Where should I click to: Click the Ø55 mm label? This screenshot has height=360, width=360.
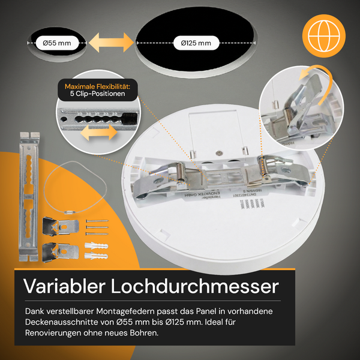[x=57, y=43]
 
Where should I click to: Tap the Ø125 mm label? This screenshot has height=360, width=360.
[x=196, y=43]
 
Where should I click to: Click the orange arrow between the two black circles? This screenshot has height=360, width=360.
[x=110, y=43]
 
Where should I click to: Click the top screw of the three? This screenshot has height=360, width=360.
[x=98, y=222]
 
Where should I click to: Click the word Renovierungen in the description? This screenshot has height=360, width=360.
[x=59, y=333]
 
